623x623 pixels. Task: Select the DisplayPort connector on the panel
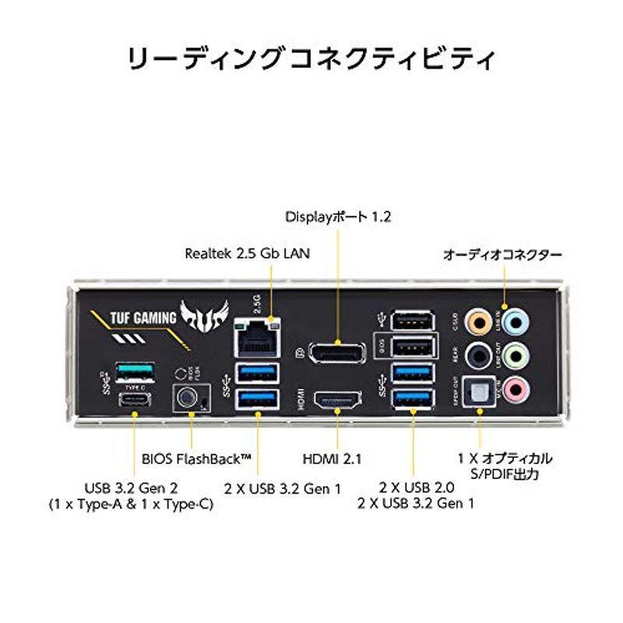pyautogui.click(x=337, y=352)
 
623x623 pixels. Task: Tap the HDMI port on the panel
pyautogui.click(x=338, y=400)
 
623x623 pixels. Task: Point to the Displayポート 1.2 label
pyautogui.click(x=337, y=216)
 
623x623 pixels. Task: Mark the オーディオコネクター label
pyautogui.click(x=502, y=254)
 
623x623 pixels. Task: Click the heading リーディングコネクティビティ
pyautogui.click(x=311, y=59)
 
